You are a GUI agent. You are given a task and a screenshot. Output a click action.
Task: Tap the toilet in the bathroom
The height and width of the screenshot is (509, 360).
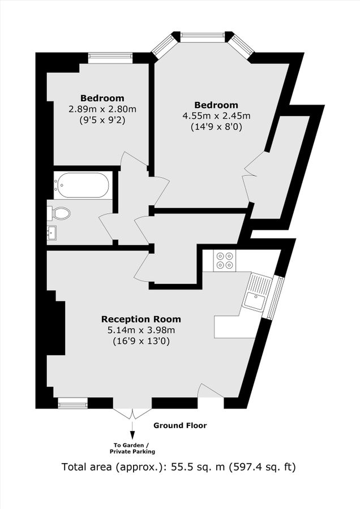point(59,213)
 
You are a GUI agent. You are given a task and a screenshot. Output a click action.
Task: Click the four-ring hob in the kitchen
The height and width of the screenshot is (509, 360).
point(224,260)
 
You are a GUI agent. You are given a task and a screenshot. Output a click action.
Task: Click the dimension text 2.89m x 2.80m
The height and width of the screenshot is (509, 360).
point(102,109)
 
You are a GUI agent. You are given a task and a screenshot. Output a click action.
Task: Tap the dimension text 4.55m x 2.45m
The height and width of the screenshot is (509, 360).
point(216,116)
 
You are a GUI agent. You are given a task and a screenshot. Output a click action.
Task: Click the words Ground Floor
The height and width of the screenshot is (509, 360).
point(180,425)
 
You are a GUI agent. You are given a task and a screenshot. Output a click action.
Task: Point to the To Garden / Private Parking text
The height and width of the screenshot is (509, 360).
point(132,448)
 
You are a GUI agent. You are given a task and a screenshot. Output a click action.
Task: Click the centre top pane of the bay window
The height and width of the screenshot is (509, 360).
point(202,37)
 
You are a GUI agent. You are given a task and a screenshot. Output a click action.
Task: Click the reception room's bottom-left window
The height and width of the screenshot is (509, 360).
point(73,403)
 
